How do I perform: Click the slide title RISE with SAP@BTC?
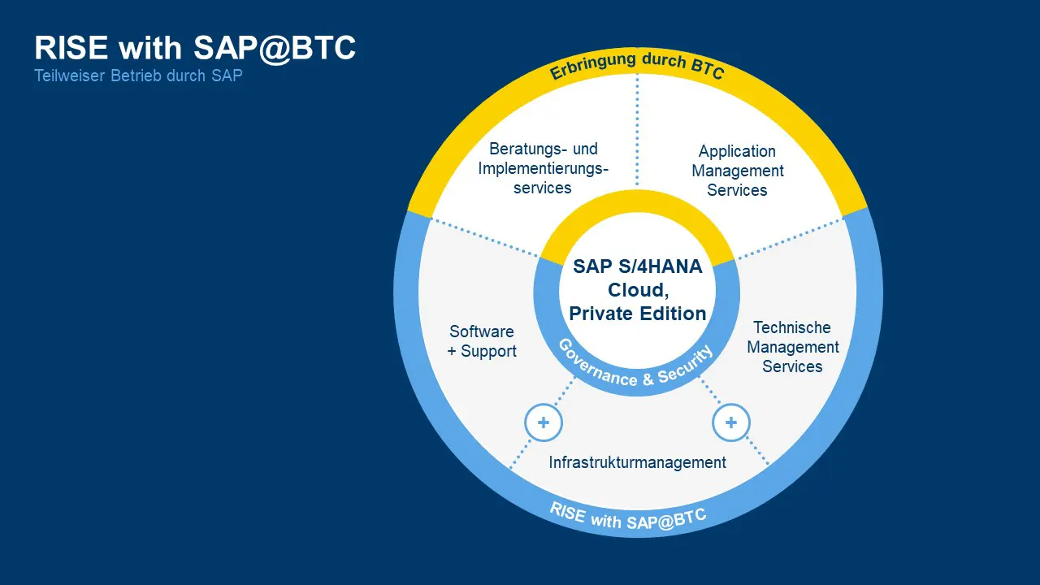[195, 49]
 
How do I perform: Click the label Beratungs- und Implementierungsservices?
[543, 168]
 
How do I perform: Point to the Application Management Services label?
[738, 171]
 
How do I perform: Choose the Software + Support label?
[482, 341]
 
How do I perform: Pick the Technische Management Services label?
[792, 347]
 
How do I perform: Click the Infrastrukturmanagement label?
[637, 462]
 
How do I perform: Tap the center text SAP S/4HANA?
[638, 266]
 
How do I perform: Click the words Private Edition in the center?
[638, 314]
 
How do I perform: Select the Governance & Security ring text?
[637, 367]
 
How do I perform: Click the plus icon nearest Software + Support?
[544, 422]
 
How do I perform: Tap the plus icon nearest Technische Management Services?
[731, 422]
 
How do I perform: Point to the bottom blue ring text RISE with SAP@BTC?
[628, 517]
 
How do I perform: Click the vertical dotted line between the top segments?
[637, 130]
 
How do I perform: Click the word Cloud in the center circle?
[638, 290]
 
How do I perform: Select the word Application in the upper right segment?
[737, 151]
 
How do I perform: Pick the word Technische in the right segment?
[792, 327]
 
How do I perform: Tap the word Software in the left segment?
[482, 331]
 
